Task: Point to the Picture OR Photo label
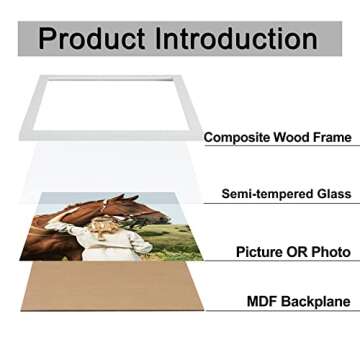point(283,253)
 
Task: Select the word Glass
point(329,196)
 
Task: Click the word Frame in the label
point(333,137)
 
